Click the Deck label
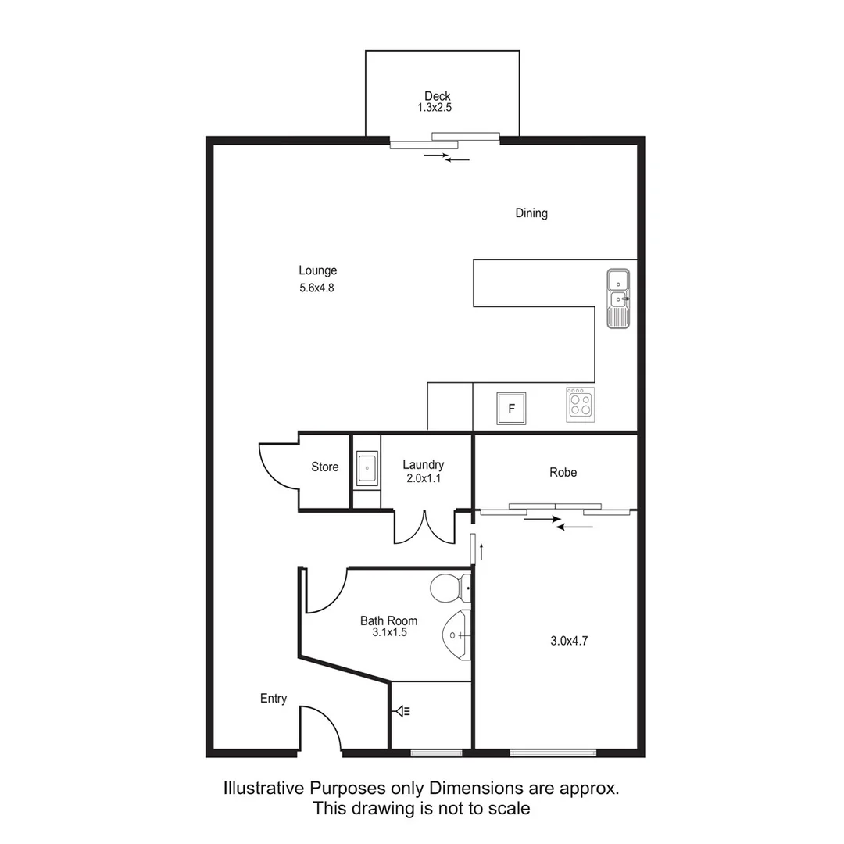coord(437,96)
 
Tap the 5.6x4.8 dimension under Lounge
coord(317,288)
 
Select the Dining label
coord(531,213)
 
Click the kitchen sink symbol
coord(618,299)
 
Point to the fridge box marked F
coord(512,408)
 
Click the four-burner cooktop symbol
coord(580,405)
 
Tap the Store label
coord(325,467)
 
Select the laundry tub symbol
coord(366,470)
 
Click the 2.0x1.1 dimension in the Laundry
coord(424,478)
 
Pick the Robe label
coord(563,472)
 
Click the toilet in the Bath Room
coord(450,585)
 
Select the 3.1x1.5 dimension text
coord(388,632)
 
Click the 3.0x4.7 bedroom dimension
coord(569,641)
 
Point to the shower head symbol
coord(403,711)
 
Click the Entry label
coord(274,699)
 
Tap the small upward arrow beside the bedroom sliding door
coord(482,551)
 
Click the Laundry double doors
coord(424,527)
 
